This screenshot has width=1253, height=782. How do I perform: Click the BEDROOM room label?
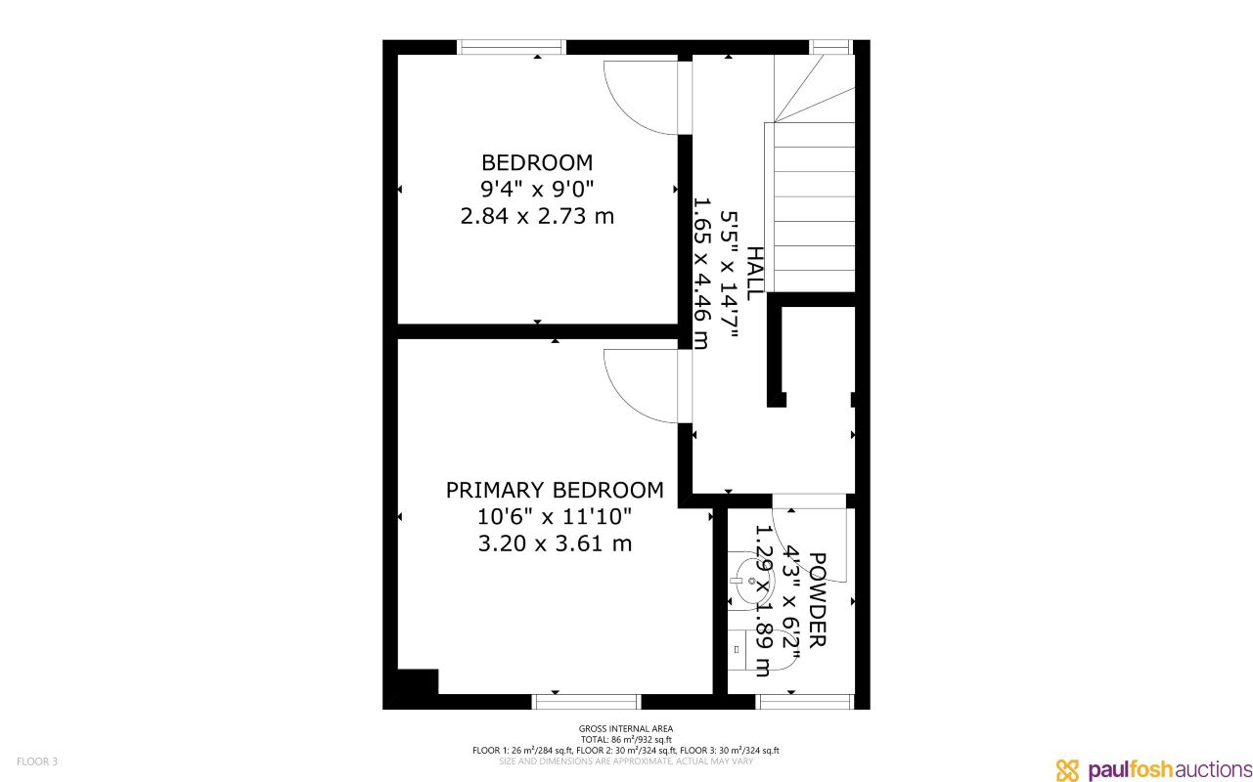pos(537,162)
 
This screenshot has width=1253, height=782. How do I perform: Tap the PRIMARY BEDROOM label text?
pos(555,490)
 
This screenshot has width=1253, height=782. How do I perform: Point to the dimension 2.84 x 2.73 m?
pos(537,216)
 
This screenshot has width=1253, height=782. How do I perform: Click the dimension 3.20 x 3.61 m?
pos(555,543)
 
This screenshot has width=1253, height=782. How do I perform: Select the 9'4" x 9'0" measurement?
pos(537,189)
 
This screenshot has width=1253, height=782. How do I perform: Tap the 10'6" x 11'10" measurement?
pos(555,516)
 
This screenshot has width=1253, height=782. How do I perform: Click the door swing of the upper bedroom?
pos(638,98)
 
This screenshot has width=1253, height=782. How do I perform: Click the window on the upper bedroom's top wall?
pos(512,47)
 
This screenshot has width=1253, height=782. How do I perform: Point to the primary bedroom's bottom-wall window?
pos(586,701)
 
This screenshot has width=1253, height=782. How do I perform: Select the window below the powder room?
pos(806,701)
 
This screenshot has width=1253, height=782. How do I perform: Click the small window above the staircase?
pos(830,47)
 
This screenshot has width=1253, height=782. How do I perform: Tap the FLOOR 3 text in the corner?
pos(37,761)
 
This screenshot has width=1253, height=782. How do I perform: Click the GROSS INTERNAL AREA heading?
pos(626,728)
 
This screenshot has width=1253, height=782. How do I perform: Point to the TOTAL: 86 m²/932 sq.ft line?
pos(626,739)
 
